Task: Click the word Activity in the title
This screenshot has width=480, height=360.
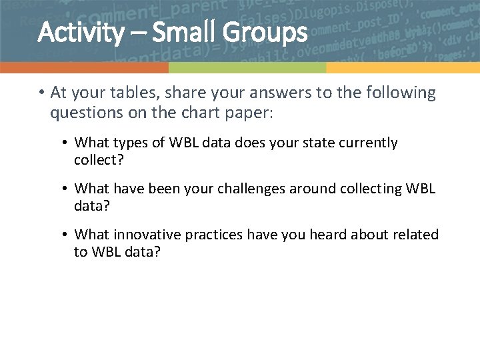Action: pyautogui.click(x=80, y=32)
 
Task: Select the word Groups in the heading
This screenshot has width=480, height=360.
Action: pyautogui.click(x=269, y=32)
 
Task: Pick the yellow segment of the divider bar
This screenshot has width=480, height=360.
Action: pyautogui.click(x=403, y=68)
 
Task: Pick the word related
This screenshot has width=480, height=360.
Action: pyautogui.click(x=415, y=235)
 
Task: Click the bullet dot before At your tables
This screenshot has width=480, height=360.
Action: pyautogui.click(x=41, y=93)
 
